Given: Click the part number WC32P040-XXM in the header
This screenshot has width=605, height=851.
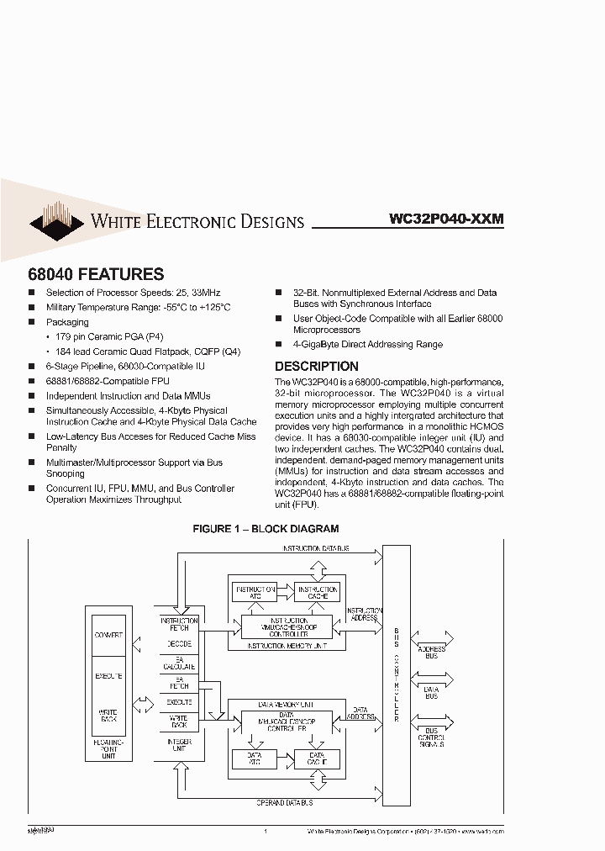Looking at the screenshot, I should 446,219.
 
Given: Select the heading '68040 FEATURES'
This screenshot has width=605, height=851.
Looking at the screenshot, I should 97,274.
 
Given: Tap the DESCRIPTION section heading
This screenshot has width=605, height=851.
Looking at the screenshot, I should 317,367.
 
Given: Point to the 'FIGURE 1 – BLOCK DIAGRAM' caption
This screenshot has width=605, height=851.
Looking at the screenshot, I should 266,529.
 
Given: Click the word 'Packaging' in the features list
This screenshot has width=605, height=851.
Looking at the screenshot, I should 67,322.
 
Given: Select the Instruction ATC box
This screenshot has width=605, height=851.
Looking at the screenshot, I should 253,592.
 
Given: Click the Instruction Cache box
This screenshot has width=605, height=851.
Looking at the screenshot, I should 317,592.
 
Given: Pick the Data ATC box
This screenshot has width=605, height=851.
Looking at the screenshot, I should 253,758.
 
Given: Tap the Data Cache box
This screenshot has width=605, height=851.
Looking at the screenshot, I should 317,758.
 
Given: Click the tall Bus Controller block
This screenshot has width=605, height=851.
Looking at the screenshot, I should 397,673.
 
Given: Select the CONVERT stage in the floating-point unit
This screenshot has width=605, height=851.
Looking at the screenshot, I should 108,635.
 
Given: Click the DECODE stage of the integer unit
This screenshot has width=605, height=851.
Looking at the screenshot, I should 179,644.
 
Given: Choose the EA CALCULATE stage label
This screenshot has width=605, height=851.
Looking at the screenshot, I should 179,663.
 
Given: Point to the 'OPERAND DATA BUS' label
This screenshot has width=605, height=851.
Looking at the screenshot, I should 291,803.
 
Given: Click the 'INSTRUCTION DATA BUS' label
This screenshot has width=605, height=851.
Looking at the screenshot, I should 316,548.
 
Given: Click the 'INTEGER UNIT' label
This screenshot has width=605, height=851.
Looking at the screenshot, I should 179,746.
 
